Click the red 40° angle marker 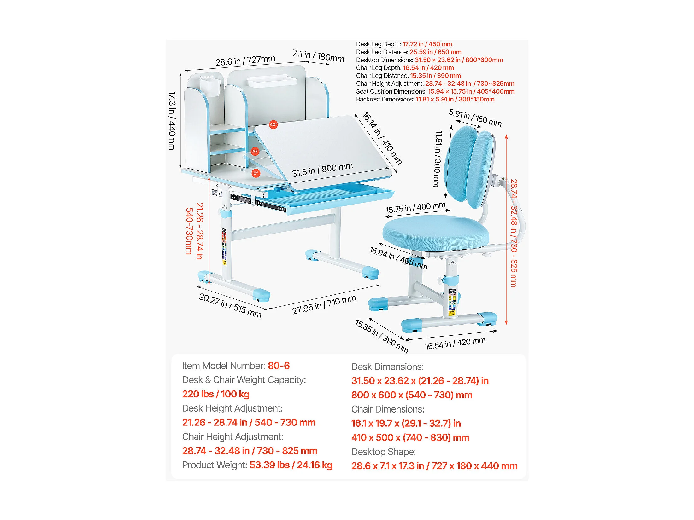(273, 125)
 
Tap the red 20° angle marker (255, 152)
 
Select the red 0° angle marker (256, 173)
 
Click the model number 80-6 (279, 366)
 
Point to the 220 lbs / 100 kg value (216, 394)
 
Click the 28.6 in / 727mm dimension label (245, 60)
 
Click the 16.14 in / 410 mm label (382, 138)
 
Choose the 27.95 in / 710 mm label (324, 304)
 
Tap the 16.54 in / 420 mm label (455, 343)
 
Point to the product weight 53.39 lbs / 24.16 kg (291, 465)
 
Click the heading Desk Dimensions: (387, 367)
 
